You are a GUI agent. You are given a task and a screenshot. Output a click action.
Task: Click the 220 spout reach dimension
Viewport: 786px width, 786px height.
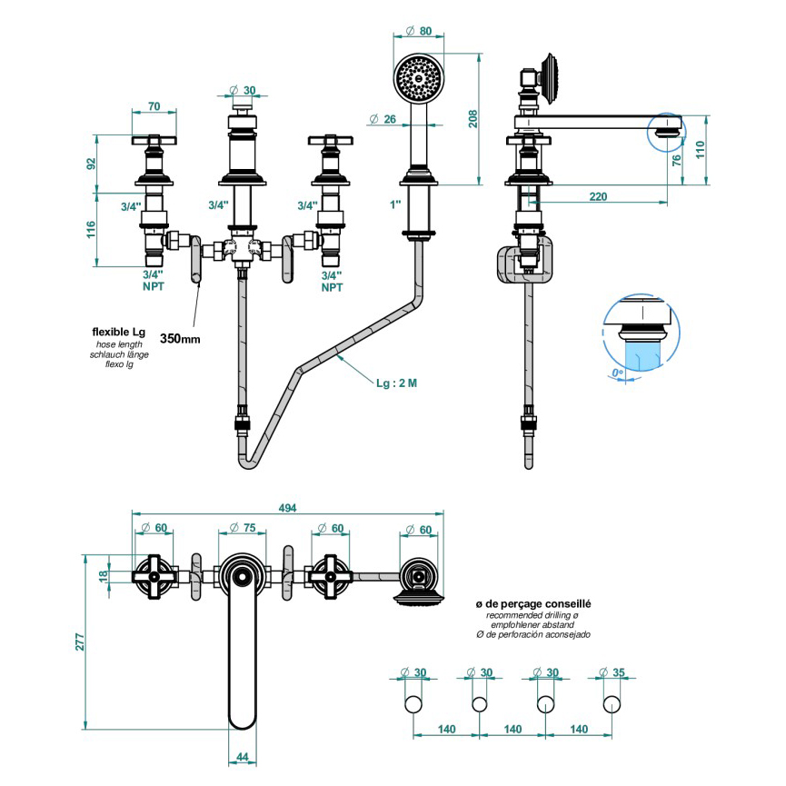599,195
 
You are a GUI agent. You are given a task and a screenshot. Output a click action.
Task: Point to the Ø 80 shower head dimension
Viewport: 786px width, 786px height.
419,31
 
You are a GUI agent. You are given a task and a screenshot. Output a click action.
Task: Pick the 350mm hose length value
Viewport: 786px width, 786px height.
180,338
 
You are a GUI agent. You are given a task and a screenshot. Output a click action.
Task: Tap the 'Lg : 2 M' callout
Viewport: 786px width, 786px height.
397,383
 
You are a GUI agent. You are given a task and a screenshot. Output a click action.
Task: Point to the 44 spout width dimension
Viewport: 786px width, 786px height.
243,757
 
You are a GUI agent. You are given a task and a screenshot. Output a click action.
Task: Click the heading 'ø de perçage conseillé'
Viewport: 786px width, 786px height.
533,603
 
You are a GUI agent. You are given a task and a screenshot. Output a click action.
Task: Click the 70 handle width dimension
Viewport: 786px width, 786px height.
154,106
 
